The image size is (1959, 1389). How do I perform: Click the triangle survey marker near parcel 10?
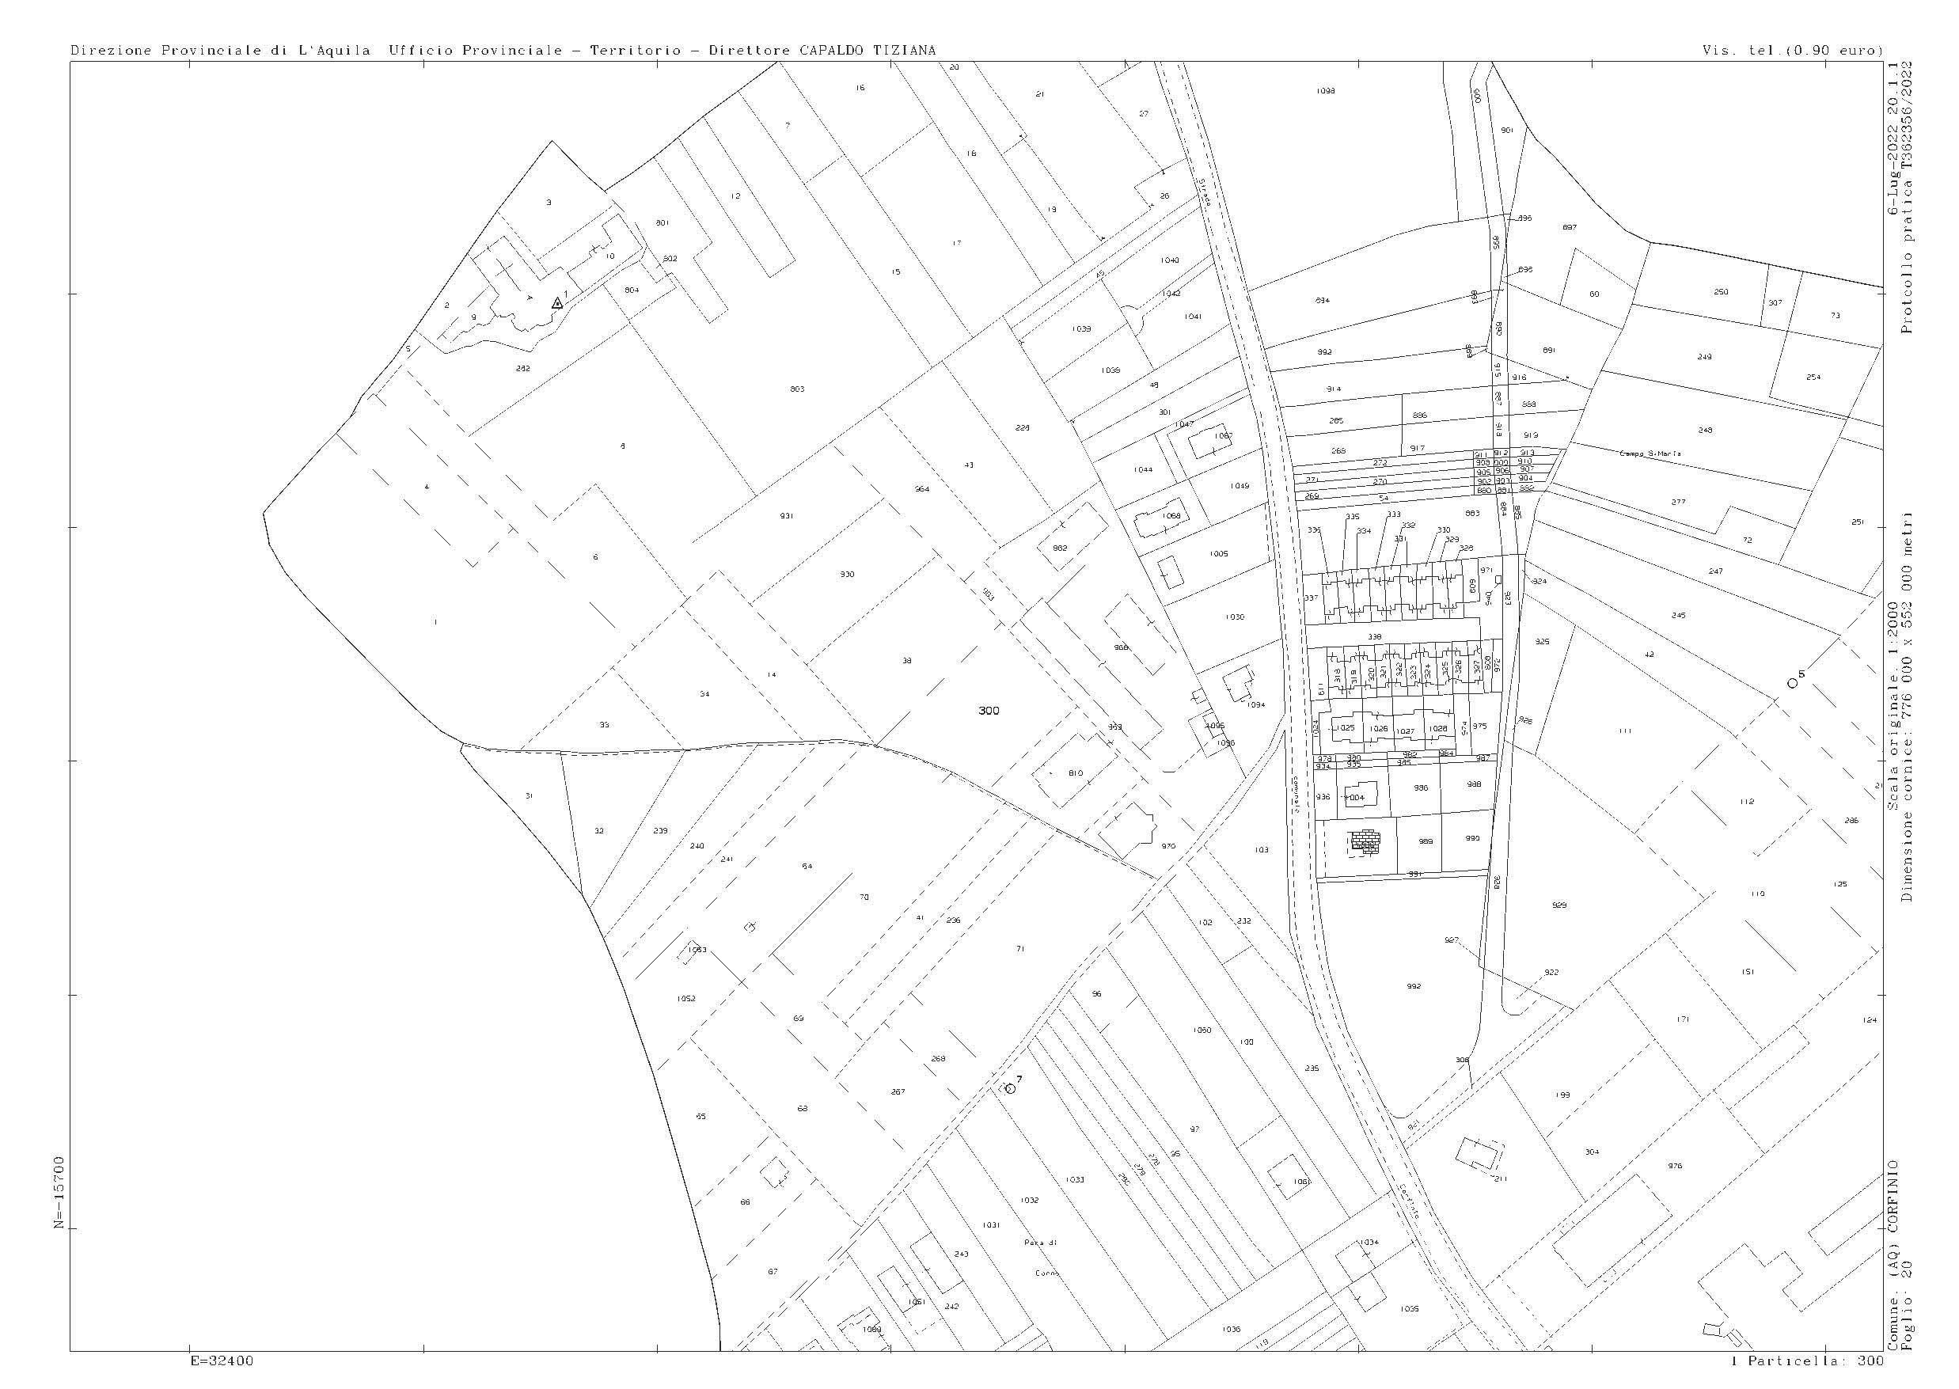[557, 303]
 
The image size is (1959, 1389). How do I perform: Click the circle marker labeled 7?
[1009, 1088]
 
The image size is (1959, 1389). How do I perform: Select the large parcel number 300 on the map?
[989, 711]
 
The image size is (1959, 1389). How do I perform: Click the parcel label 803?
[796, 389]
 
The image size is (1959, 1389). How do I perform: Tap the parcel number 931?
[786, 516]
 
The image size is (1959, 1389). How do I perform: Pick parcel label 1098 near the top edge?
[1326, 91]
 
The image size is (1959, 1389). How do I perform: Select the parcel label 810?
[1076, 773]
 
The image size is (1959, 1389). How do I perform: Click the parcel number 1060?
[1202, 1030]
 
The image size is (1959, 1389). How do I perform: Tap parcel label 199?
[1563, 1095]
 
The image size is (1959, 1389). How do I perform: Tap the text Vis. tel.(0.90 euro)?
[1793, 51]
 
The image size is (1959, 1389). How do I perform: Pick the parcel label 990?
[1471, 839]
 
